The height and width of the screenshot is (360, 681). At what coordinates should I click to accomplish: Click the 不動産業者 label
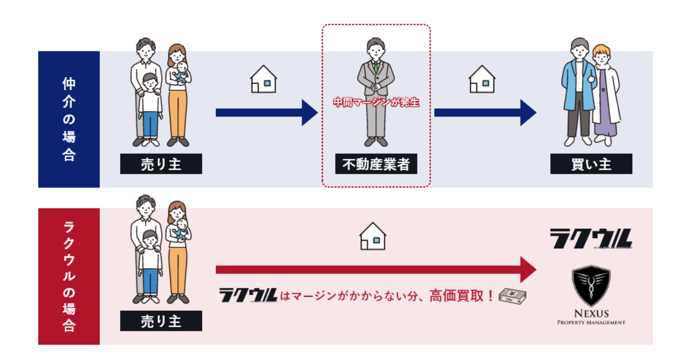376,164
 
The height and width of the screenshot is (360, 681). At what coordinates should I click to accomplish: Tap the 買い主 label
591,164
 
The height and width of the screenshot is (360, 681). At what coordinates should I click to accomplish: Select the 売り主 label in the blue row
161,164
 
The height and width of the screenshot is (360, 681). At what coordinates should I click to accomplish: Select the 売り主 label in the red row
161,321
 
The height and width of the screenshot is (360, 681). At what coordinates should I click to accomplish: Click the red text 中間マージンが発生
376,102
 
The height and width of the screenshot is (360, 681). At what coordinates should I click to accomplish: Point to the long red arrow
375,269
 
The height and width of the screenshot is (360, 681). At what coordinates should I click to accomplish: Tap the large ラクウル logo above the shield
591,239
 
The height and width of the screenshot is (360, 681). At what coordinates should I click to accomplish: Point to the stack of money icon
512,296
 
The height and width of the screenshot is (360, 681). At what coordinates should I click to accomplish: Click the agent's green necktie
376,67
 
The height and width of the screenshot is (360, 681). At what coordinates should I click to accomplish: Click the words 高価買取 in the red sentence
456,296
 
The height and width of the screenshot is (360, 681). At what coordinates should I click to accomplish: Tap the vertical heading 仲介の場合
69,119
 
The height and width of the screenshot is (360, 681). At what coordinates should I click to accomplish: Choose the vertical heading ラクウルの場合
69,276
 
